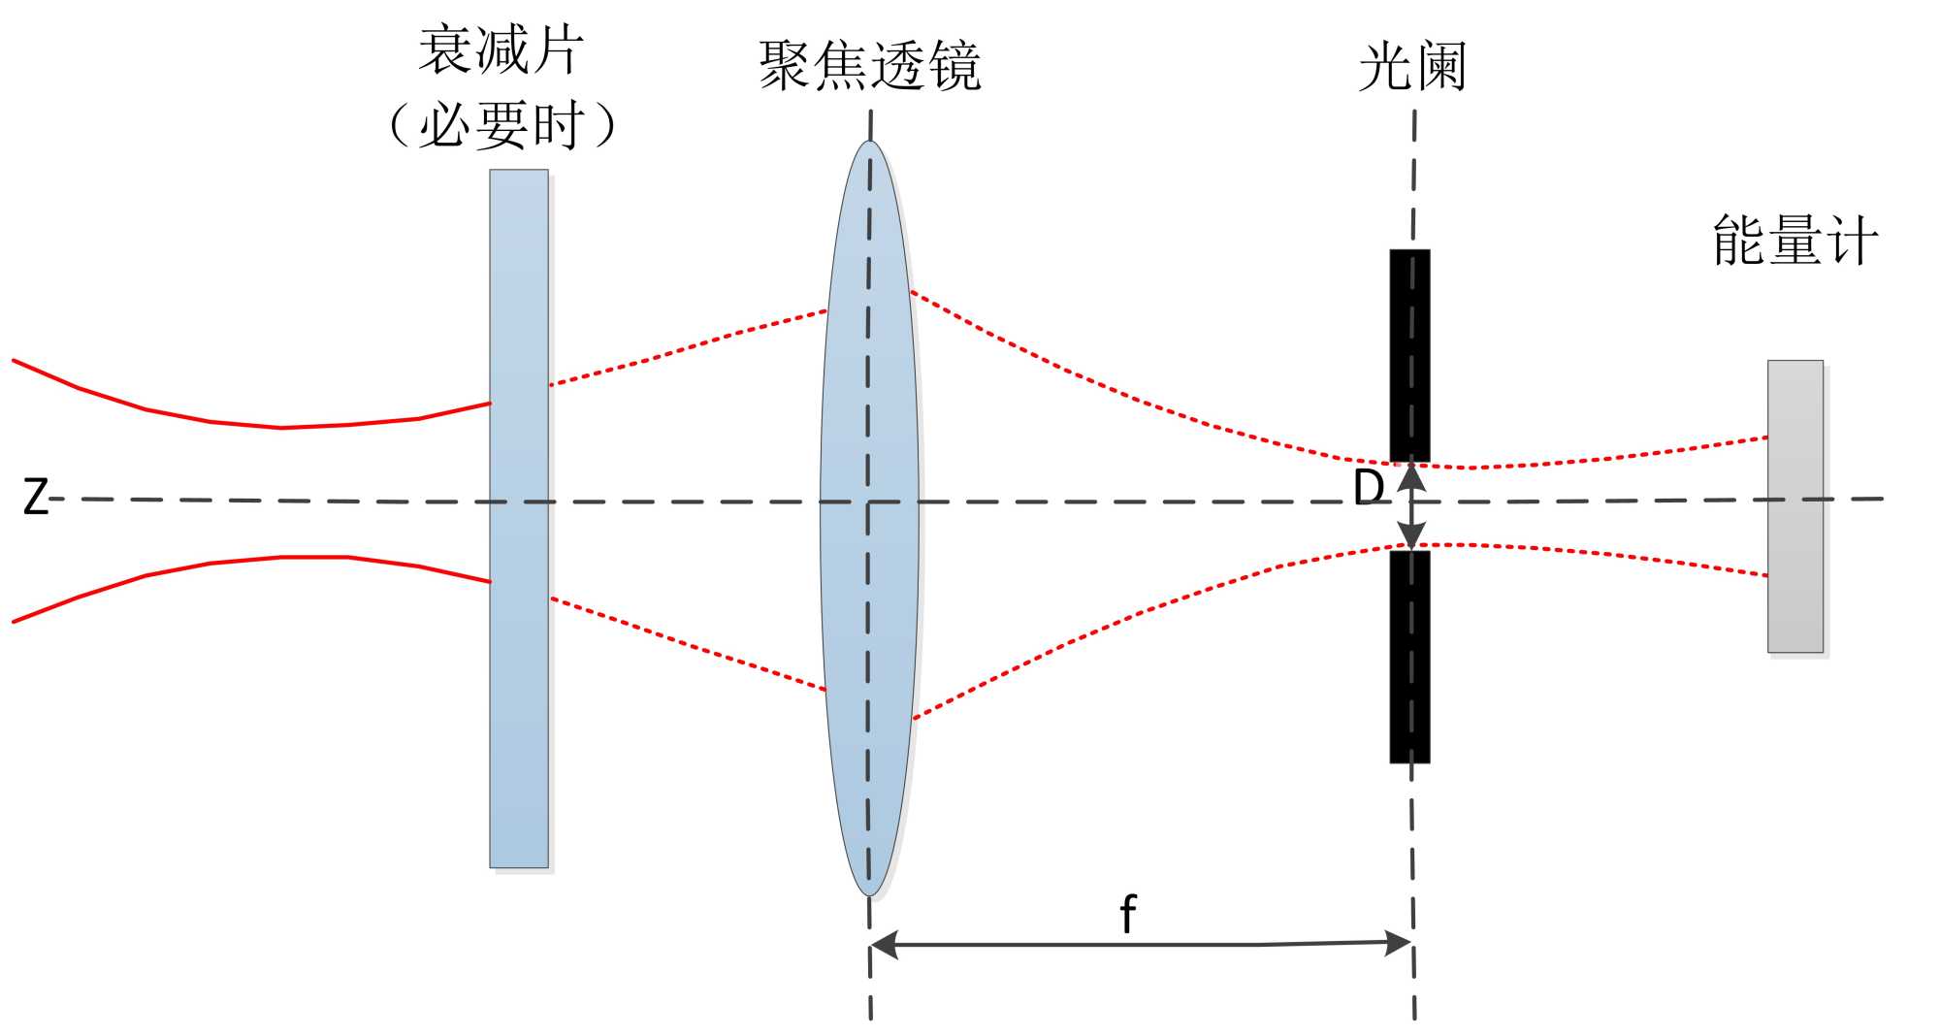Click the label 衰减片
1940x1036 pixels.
[x=501, y=50]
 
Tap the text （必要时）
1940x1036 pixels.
[x=501, y=125]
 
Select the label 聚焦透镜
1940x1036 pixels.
[x=869, y=66]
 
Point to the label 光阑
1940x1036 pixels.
[x=1411, y=66]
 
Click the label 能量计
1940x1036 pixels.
[x=1794, y=241]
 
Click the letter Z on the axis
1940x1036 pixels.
[x=35, y=498]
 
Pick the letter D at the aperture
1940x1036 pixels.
[x=1368, y=488]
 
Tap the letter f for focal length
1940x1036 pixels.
[x=1127, y=913]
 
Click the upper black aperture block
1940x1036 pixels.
[x=1409, y=355]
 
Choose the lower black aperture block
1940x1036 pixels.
[x=1409, y=657]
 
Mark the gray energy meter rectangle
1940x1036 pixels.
[x=1794, y=582]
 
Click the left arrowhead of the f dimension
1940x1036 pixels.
[x=884, y=944]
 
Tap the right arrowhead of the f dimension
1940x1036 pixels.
[x=1399, y=942]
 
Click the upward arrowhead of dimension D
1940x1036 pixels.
[x=1411, y=476]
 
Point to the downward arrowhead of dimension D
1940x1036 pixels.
[x=1411, y=536]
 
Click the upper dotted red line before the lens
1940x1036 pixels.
[x=689, y=347]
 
